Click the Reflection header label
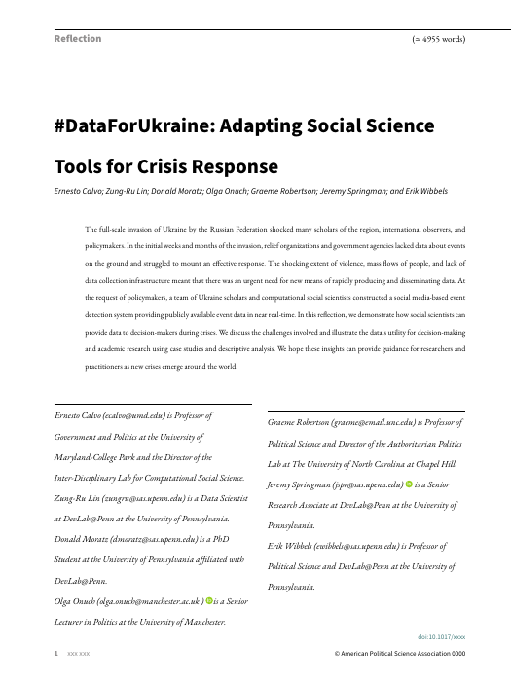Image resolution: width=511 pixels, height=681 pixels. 78,39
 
